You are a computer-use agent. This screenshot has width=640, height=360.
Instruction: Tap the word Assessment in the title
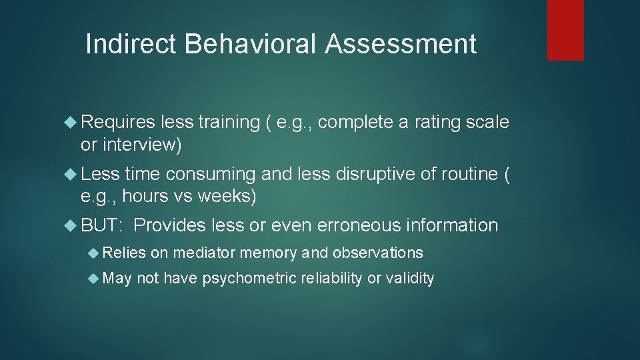point(401,44)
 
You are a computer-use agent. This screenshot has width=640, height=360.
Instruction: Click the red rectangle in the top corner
point(565,30)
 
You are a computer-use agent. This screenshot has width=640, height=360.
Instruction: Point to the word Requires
point(118,122)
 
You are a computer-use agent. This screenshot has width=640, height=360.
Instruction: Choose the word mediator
point(203,253)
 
